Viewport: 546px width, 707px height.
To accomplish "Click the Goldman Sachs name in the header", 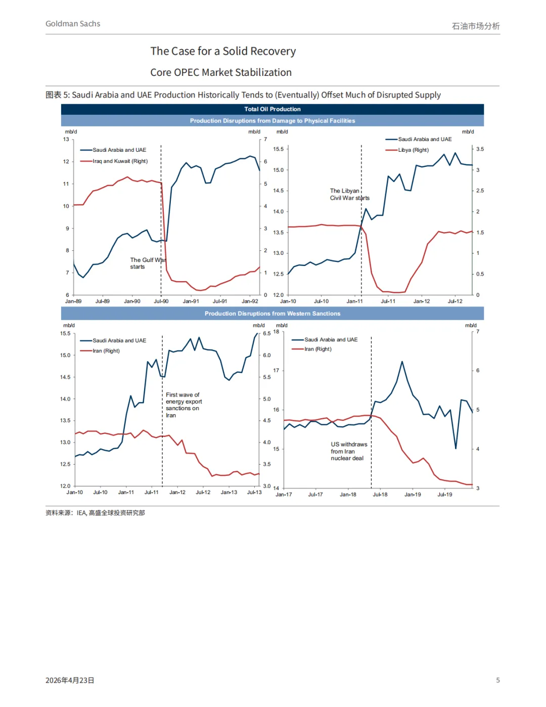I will [x=73, y=24].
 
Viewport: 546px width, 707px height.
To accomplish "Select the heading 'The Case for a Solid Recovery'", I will [x=223, y=51].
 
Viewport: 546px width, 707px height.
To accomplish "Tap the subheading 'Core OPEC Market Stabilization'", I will [x=221, y=72].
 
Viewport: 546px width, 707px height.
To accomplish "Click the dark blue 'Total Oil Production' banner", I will [x=272, y=109].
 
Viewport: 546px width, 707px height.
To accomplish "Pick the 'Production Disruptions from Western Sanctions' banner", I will [x=272, y=314].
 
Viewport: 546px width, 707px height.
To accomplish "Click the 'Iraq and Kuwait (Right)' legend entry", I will [x=120, y=161].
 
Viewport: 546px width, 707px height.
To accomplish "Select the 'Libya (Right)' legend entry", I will [x=413, y=150].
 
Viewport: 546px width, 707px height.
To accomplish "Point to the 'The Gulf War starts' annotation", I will [x=147, y=263].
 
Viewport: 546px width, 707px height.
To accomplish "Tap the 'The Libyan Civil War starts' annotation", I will [x=349, y=195].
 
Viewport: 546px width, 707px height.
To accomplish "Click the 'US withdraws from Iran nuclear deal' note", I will [x=349, y=451].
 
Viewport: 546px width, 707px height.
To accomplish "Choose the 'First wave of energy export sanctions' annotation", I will [x=184, y=405].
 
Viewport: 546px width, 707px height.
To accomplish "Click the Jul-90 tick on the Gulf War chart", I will [x=161, y=301].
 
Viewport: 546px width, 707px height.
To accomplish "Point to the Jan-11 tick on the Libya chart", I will [x=354, y=301].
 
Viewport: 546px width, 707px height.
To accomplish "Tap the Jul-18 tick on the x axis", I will [x=380, y=495].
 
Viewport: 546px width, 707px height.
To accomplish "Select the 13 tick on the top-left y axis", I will [x=66, y=140].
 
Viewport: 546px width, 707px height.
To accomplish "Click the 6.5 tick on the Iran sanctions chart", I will [x=266, y=334].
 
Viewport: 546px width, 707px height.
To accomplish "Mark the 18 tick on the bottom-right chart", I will [x=276, y=332].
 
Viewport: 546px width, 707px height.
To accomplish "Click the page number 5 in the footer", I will [x=498, y=680].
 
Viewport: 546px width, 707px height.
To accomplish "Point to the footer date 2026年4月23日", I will [x=70, y=680].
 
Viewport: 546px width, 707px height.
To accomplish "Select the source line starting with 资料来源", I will [x=95, y=513].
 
